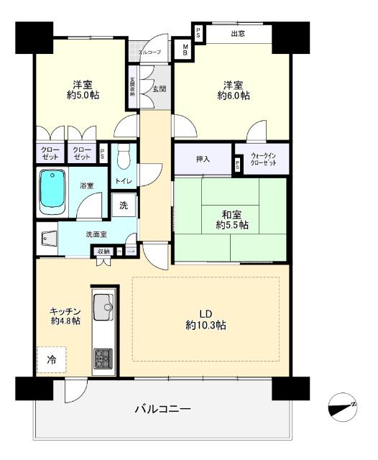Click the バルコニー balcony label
coord(163,409)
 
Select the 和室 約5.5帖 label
coord(231,219)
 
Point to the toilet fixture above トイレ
coord(123,155)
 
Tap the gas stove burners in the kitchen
coord(102,356)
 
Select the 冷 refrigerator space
coord(51,357)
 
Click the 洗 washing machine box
coord(124,205)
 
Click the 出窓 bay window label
coord(237,32)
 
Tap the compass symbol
coord(343,408)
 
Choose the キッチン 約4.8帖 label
coord(65,316)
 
